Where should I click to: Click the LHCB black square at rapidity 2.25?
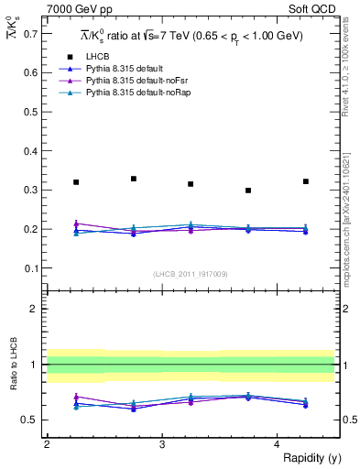tap(76, 182)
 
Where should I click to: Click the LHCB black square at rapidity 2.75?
tap(134, 179)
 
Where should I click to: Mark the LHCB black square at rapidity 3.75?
tap(248, 191)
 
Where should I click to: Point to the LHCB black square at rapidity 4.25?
tap(306, 181)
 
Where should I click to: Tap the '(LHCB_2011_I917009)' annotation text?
tap(191, 274)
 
